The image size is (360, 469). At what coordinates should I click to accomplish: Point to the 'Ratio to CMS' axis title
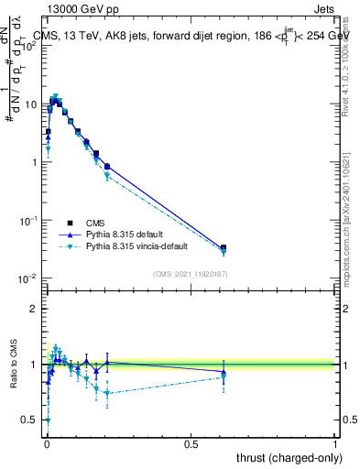[12, 365]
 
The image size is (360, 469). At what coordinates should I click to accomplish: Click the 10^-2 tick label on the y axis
[28, 278]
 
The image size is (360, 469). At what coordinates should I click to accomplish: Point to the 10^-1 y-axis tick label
[28, 221]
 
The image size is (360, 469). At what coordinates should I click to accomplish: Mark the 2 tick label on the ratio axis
[35, 308]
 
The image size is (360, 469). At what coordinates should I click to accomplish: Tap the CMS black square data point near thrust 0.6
[224, 247]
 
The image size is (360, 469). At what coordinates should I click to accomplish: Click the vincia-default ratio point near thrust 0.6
[224, 376]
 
